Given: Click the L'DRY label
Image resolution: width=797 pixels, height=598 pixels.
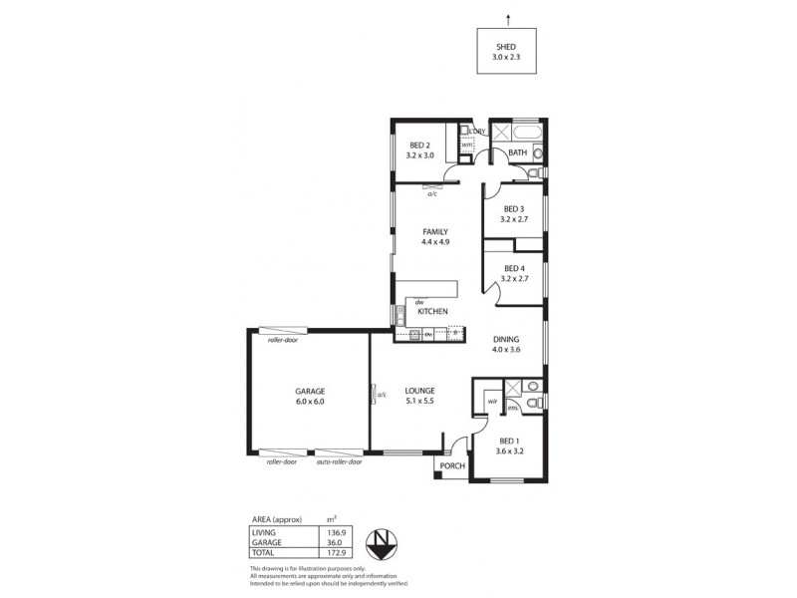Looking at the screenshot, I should (x=477, y=132).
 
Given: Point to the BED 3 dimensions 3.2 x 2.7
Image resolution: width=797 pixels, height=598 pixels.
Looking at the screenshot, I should (x=514, y=218).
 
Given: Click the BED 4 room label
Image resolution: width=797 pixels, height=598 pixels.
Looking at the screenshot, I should (x=514, y=268).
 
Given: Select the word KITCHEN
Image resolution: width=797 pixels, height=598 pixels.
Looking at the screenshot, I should (x=432, y=312).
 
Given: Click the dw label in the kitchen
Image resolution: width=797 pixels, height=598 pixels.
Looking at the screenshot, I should (x=419, y=302).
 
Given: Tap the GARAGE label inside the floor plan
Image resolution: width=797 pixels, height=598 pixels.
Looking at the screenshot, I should (x=310, y=391).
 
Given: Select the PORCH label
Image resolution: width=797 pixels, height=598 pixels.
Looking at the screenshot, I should (x=452, y=465).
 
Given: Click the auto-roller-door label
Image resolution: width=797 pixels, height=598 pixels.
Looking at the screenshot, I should (x=339, y=461).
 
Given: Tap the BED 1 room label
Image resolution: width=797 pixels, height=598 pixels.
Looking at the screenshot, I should (x=509, y=441).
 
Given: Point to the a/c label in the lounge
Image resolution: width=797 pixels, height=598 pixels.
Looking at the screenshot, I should (x=382, y=395).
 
